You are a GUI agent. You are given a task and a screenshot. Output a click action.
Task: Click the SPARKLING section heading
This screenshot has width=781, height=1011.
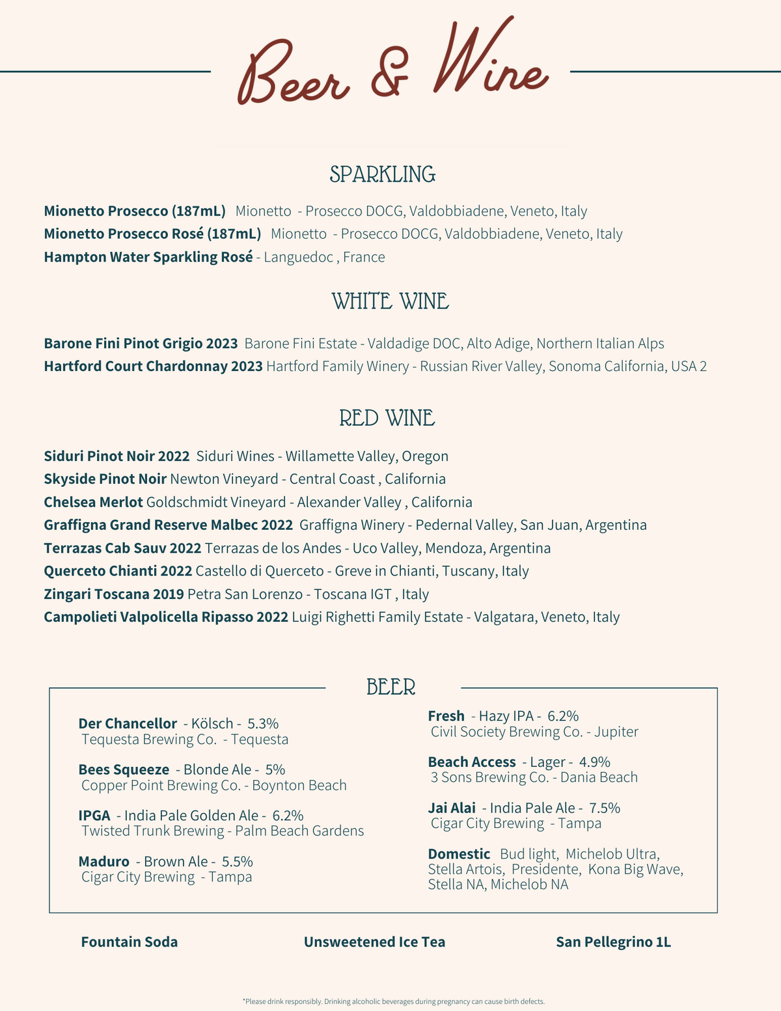click(383, 174)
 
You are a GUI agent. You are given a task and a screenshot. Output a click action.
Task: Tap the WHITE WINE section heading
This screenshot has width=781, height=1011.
click(390, 301)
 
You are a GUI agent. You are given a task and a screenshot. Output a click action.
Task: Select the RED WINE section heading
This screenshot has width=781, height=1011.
click(387, 418)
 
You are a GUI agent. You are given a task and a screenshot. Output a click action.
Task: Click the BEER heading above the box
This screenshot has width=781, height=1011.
click(390, 687)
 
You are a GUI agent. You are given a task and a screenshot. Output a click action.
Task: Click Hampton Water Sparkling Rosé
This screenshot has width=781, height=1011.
click(148, 257)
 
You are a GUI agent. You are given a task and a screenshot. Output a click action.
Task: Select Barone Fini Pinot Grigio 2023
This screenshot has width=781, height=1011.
click(141, 344)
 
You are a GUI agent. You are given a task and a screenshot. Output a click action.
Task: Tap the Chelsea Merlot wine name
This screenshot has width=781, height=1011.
click(93, 503)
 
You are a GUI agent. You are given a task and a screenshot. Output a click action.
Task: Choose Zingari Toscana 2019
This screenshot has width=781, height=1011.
click(114, 594)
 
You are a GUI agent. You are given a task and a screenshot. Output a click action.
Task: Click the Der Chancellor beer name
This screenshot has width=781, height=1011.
click(128, 724)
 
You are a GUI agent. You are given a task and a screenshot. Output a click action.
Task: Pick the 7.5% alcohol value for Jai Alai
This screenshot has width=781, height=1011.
click(605, 809)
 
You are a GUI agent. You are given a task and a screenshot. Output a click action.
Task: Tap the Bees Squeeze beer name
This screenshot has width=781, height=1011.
click(124, 770)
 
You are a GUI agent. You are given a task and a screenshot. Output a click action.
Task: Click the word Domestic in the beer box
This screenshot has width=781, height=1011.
click(459, 854)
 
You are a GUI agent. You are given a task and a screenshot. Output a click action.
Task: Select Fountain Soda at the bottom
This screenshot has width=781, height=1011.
click(130, 942)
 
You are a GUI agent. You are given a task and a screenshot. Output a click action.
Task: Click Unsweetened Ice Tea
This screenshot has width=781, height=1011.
click(374, 942)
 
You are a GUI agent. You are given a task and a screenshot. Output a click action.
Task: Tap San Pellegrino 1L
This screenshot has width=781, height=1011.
click(613, 942)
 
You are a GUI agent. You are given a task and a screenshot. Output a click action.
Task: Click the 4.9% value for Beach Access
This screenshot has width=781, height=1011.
click(595, 762)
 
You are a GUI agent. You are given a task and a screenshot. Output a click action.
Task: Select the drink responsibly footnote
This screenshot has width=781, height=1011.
click(393, 1001)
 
